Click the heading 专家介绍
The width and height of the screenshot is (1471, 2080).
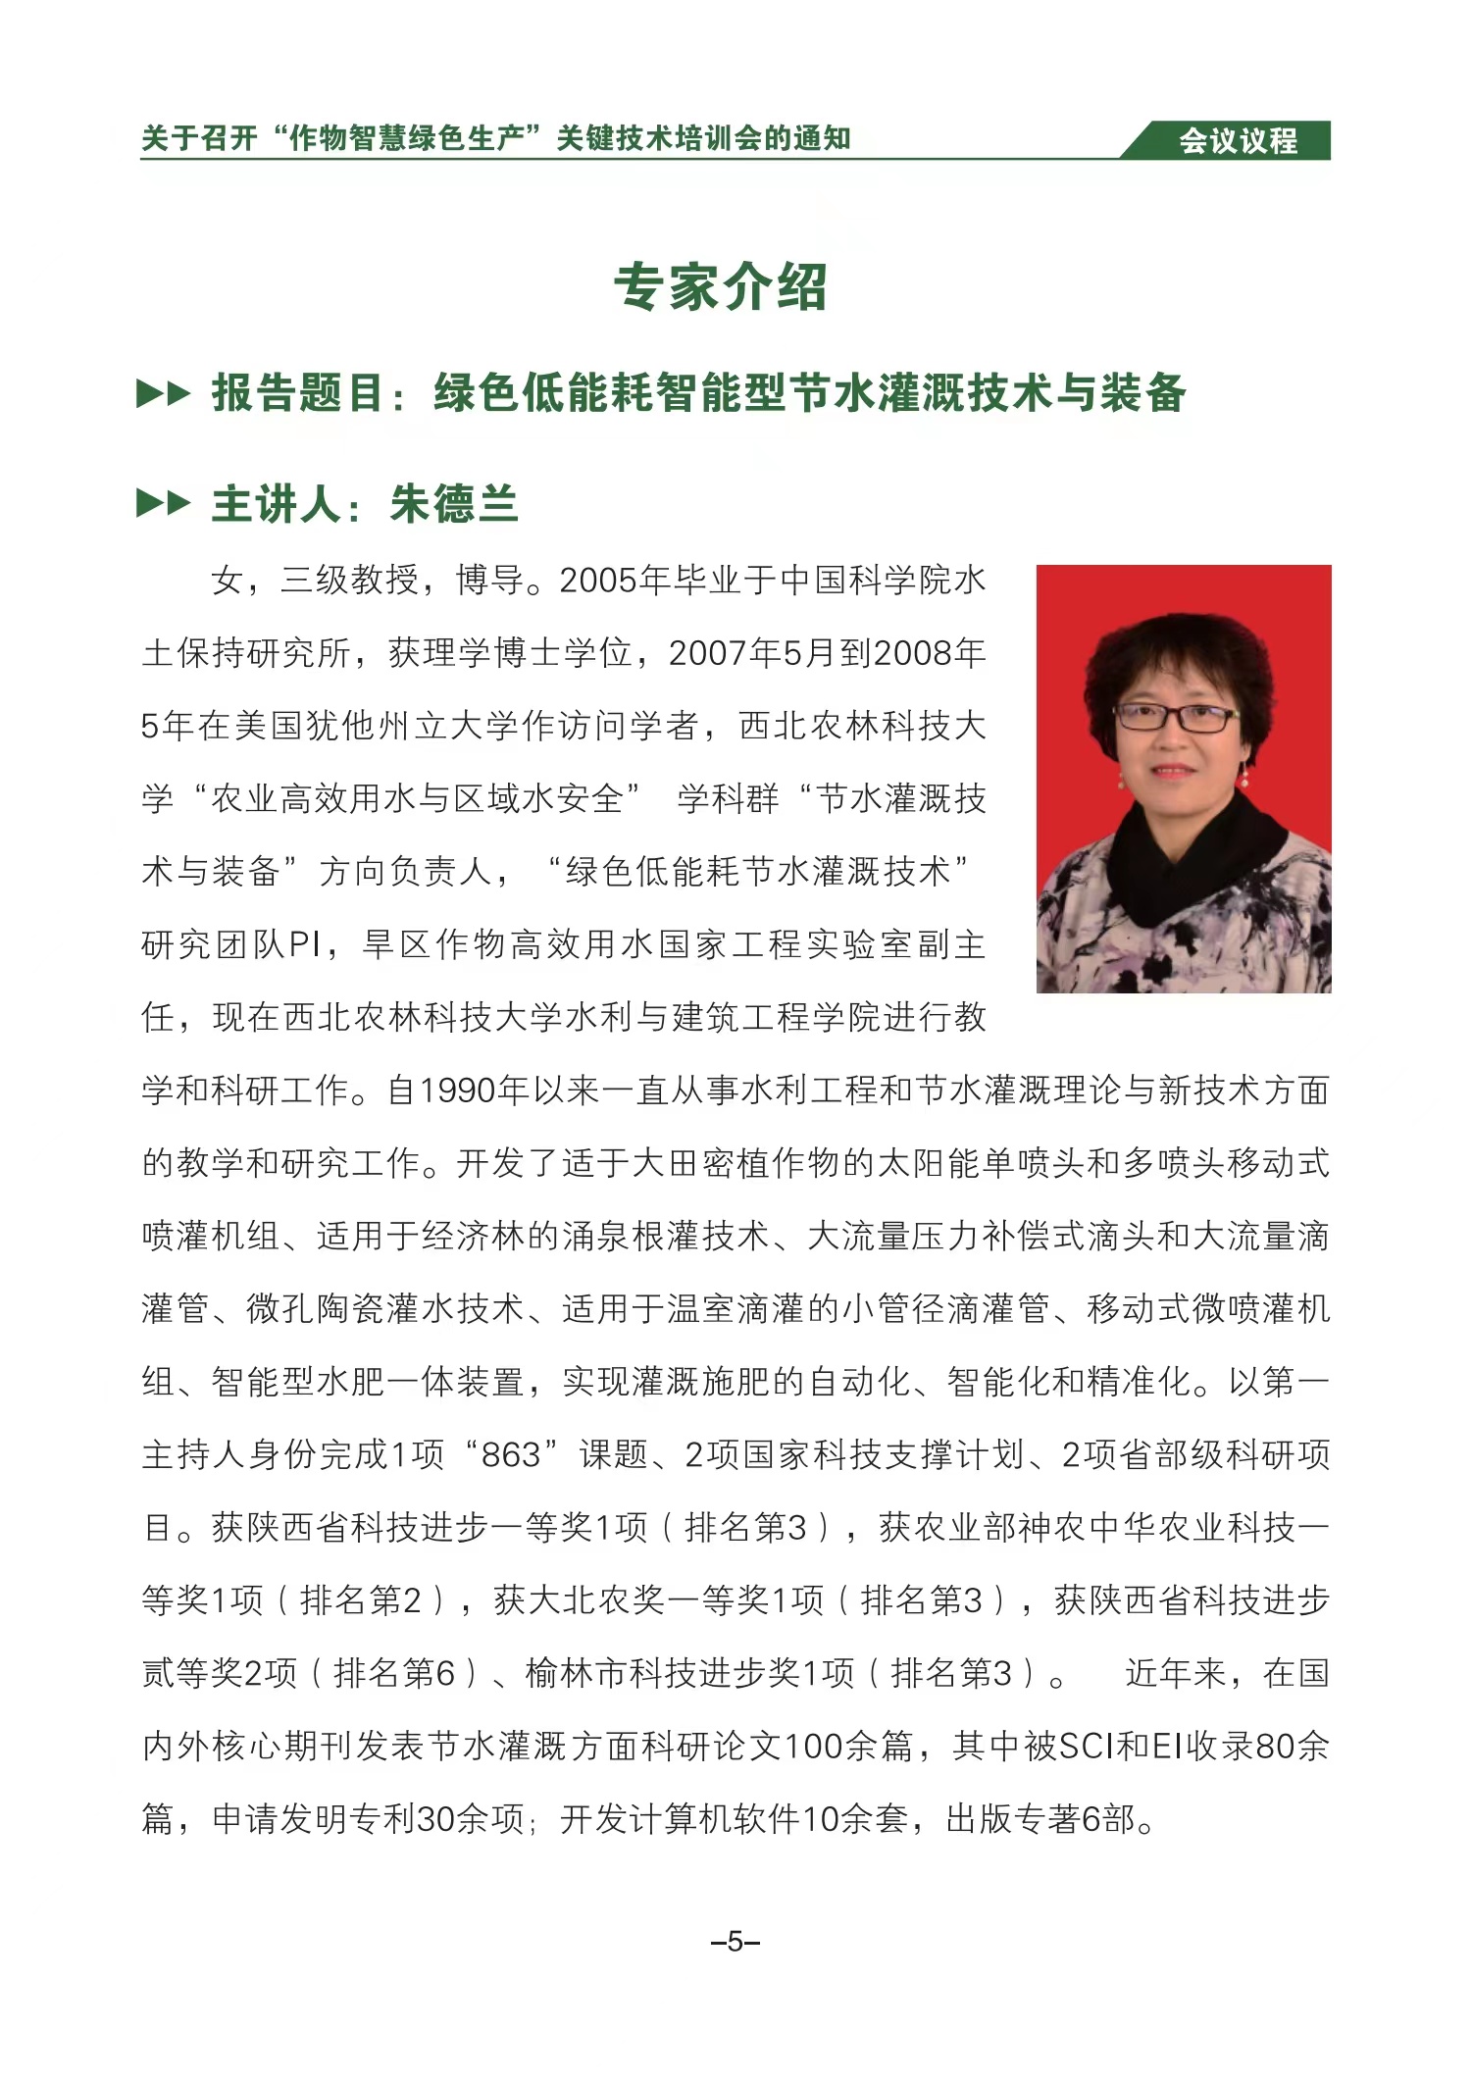(721, 288)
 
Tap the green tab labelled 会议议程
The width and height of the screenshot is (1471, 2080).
(1238, 141)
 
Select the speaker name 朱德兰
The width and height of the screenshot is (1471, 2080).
(453, 505)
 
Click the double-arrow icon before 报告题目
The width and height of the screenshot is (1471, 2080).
(163, 394)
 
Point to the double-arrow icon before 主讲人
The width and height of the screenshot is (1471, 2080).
(163, 505)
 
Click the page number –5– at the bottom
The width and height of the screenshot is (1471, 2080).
(735, 1943)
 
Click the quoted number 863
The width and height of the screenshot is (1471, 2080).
(511, 1455)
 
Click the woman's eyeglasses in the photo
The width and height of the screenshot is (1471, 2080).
(1176, 717)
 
